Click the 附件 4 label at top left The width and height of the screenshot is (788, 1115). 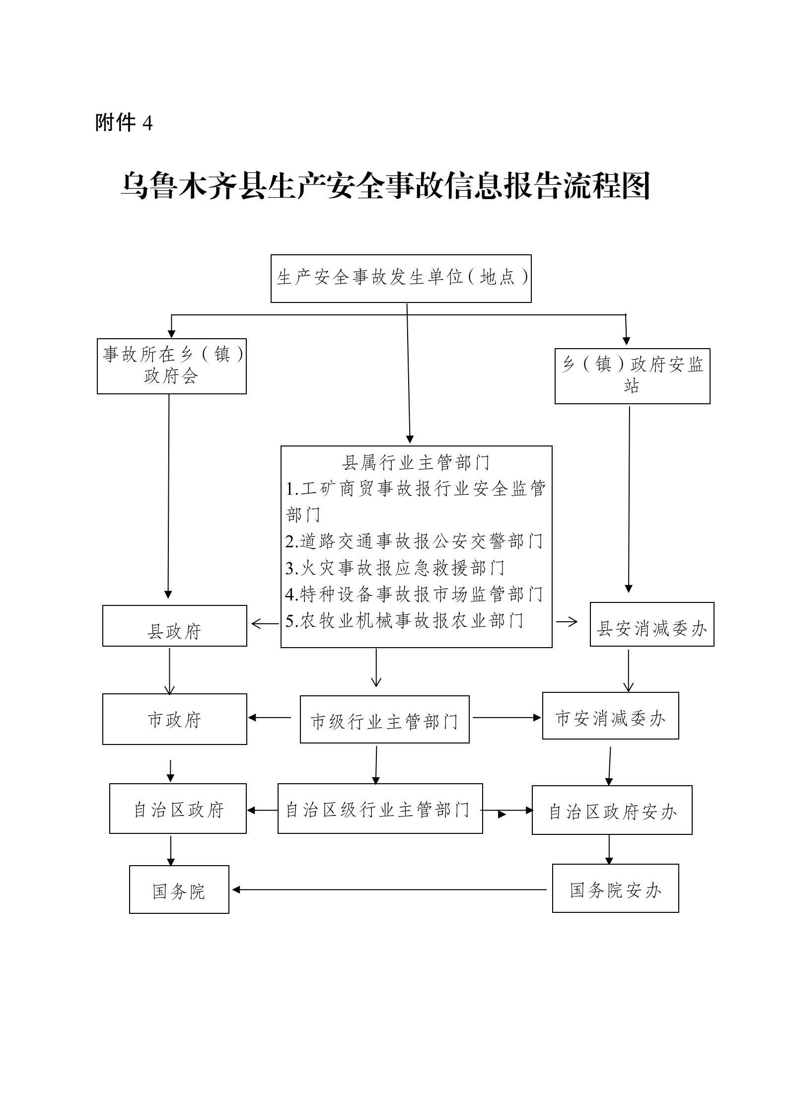(x=124, y=122)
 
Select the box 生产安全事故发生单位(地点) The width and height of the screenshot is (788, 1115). (x=401, y=279)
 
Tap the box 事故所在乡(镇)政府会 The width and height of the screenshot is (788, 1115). (x=172, y=366)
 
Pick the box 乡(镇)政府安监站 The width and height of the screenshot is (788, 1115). (x=632, y=376)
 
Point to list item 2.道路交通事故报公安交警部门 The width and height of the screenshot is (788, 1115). (x=414, y=541)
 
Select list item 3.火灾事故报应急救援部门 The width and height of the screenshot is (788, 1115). (x=395, y=568)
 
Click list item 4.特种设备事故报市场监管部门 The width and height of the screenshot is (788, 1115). (x=414, y=594)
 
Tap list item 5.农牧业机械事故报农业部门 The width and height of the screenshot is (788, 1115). (x=404, y=621)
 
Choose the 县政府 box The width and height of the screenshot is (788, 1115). (x=174, y=626)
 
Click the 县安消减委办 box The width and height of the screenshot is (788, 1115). (x=651, y=625)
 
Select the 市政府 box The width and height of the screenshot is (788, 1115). (x=174, y=719)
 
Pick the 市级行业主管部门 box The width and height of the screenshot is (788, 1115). (x=384, y=720)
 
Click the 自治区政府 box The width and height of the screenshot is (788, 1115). (x=178, y=809)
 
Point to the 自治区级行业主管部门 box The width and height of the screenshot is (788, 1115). (x=380, y=809)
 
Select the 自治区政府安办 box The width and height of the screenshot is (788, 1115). (x=612, y=810)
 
